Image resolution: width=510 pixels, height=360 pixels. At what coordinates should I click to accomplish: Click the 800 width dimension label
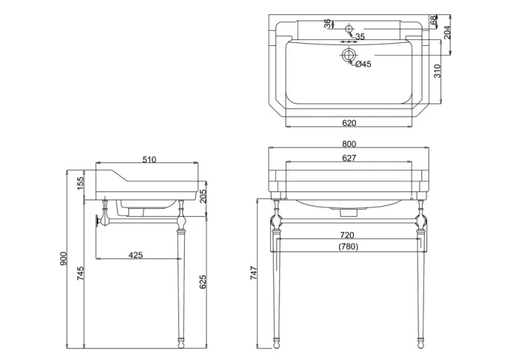coord(349,144)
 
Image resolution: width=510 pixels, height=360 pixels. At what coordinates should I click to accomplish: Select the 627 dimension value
coord(349,157)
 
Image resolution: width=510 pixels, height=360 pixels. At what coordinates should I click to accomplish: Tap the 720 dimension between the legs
coord(347,235)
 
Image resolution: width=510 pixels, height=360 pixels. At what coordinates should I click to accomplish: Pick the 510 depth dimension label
coord(148,159)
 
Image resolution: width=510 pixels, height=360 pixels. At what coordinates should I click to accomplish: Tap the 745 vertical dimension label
coord(80,274)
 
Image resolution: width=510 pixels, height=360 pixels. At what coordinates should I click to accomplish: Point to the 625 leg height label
coord(203,282)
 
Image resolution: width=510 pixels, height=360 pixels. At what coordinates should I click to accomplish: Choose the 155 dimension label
coord(80,183)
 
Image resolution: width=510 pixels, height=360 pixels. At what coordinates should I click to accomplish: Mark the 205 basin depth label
coord(203,196)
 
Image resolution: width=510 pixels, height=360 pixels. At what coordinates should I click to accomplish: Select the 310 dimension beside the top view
coord(437,70)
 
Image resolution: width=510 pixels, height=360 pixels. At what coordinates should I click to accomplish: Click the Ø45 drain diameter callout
coord(362,64)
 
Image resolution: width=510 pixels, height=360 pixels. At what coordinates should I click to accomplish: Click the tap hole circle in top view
coord(349,29)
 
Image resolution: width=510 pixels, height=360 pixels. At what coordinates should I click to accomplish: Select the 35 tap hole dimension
coord(360,37)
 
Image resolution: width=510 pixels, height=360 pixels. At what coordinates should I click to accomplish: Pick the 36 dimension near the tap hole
coord(327,23)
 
